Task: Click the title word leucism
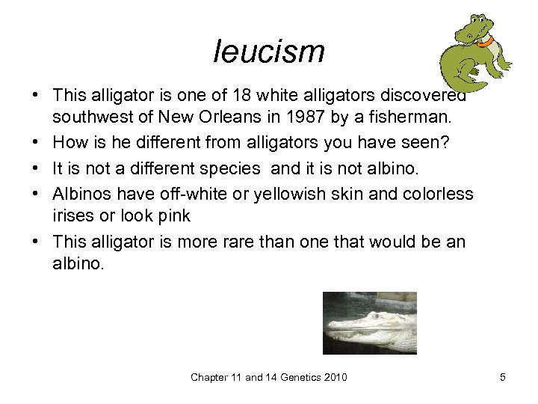[269, 52]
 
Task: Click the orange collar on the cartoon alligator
[486, 42]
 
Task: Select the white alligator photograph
[369, 322]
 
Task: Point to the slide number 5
[503, 377]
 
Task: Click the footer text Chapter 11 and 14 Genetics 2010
[269, 377]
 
